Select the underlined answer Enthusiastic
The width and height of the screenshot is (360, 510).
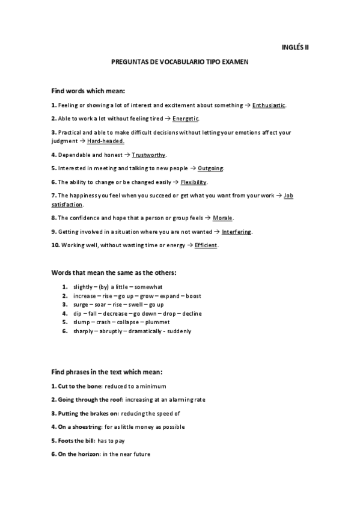[x=269, y=105]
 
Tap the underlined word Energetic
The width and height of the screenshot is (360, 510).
[x=186, y=118]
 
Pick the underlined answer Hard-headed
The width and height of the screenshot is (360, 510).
[x=106, y=141]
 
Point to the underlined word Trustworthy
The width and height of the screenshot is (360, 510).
[x=148, y=155]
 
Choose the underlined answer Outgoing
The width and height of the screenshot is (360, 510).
[x=210, y=168]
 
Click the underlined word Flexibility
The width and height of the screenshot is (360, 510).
[x=194, y=182]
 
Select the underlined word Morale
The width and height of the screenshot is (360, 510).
[x=222, y=218]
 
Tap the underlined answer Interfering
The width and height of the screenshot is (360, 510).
[x=237, y=232]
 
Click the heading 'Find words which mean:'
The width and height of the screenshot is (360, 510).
[x=88, y=91]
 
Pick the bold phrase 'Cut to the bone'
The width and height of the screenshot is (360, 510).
[x=75, y=386]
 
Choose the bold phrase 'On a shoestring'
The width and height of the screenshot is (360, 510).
[x=77, y=426]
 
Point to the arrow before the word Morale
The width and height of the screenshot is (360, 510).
[x=208, y=218]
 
